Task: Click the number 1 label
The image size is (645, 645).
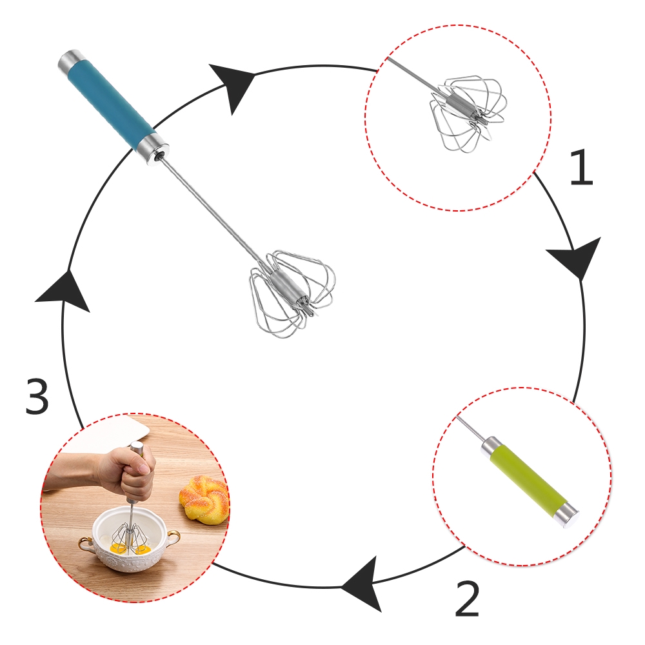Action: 580,169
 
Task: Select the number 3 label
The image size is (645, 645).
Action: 37,398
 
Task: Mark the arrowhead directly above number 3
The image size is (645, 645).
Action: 64,293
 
